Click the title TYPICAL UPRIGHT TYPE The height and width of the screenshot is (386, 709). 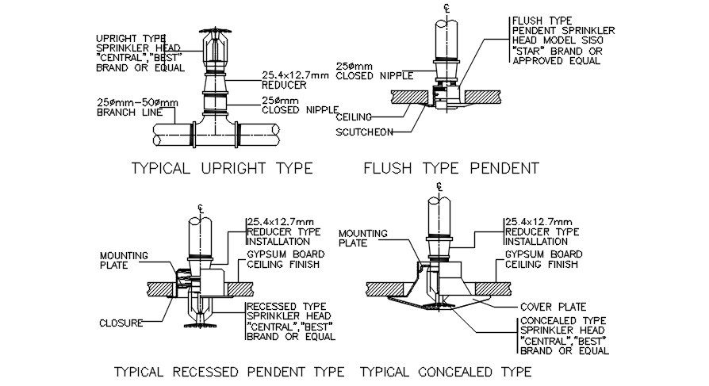tap(221, 168)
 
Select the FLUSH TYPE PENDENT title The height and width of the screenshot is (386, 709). tap(450, 168)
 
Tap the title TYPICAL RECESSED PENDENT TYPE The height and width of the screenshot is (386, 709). tap(229, 371)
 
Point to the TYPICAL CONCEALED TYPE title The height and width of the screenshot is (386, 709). tap(446, 371)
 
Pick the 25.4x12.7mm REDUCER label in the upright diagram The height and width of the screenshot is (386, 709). tap(295, 80)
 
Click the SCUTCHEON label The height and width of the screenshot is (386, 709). tap(364, 132)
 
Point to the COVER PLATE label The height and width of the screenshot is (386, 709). tap(553, 307)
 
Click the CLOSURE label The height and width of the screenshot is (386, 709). tap(121, 323)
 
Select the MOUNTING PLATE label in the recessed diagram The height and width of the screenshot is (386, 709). tap(119, 261)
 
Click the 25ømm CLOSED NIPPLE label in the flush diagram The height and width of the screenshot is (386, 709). tap(366, 71)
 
